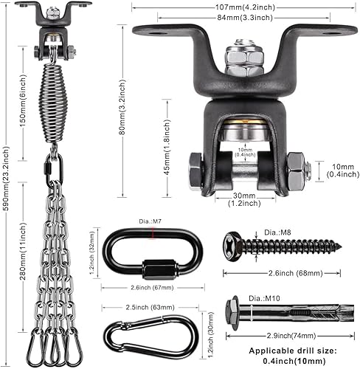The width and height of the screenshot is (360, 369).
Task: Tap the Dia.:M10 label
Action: point(266,297)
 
